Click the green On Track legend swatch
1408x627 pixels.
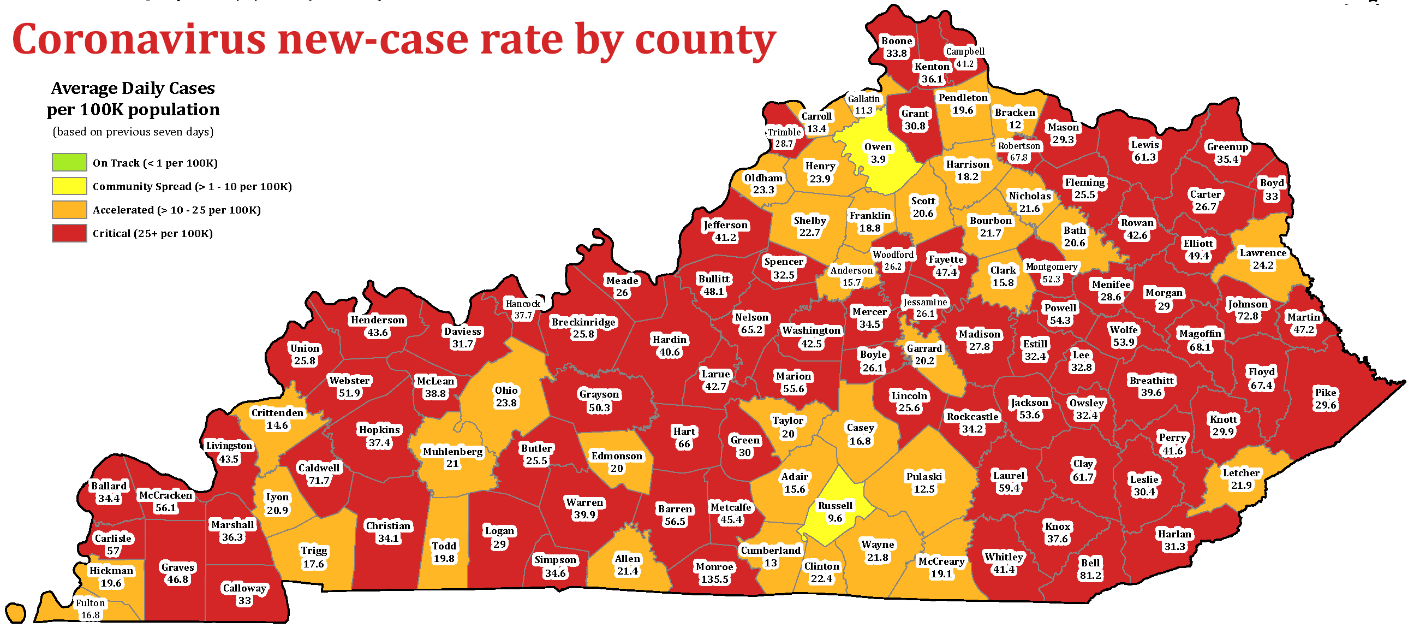click(x=69, y=163)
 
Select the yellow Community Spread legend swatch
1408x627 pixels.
click(x=69, y=186)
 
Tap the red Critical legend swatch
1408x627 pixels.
click(x=69, y=233)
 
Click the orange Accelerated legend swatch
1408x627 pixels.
click(x=69, y=210)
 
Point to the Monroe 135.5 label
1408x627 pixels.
click(x=714, y=573)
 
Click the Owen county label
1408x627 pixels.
click(x=878, y=153)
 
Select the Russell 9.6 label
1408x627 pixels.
click(x=834, y=512)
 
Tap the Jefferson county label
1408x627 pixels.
click(x=725, y=231)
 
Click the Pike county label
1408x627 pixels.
click(x=1326, y=399)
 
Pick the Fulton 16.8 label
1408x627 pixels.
click(x=90, y=609)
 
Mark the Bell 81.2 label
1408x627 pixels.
click(x=1090, y=569)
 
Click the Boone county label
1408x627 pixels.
click(x=897, y=47)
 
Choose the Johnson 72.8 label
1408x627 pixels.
click(x=1248, y=310)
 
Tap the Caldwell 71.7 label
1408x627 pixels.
click(x=319, y=475)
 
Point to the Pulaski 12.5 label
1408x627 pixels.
click(x=924, y=483)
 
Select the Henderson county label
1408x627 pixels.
click(x=377, y=326)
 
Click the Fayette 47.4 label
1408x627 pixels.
click(x=946, y=266)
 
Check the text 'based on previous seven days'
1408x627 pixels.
click(x=133, y=132)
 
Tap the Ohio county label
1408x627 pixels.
click(x=505, y=397)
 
